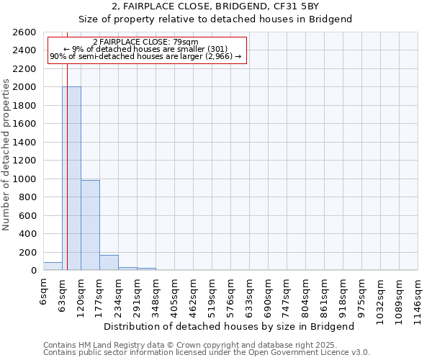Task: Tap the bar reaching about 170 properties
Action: tap(109, 263)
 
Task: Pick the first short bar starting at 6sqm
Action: tap(53, 266)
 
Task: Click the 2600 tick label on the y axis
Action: tap(24, 32)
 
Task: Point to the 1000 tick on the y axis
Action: tap(24, 179)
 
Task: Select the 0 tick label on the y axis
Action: tap(32, 271)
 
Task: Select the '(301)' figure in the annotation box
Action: tap(217, 49)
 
